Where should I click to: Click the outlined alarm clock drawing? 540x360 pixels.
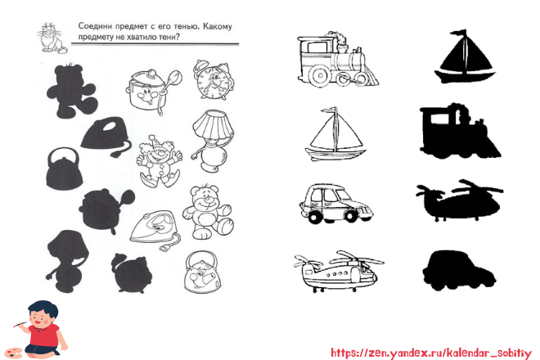[x=214, y=80]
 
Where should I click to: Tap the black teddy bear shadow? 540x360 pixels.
[x=72, y=91]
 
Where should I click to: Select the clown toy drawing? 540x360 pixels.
[x=159, y=161]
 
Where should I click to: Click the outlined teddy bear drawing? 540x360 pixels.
[x=207, y=213]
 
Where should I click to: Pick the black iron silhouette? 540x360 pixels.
[x=106, y=136]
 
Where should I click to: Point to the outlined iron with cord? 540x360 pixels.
[x=155, y=229]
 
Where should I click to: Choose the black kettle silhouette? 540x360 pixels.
[x=64, y=169]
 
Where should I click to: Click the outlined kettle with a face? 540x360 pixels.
[x=202, y=272]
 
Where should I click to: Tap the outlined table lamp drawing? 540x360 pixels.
[x=213, y=141]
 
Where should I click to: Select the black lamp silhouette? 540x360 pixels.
[x=67, y=261]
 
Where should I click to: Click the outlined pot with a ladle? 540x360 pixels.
[x=153, y=92]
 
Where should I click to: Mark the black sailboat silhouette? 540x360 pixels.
[x=464, y=56]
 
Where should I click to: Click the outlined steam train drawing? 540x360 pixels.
[x=338, y=60]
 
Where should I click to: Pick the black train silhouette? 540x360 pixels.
[x=460, y=131]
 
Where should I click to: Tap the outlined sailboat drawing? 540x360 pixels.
[x=335, y=134]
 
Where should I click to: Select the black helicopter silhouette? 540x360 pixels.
[x=460, y=200]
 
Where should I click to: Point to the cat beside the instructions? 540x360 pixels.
[x=52, y=38]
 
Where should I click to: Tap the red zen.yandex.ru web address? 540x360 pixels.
[x=431, y=353]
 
